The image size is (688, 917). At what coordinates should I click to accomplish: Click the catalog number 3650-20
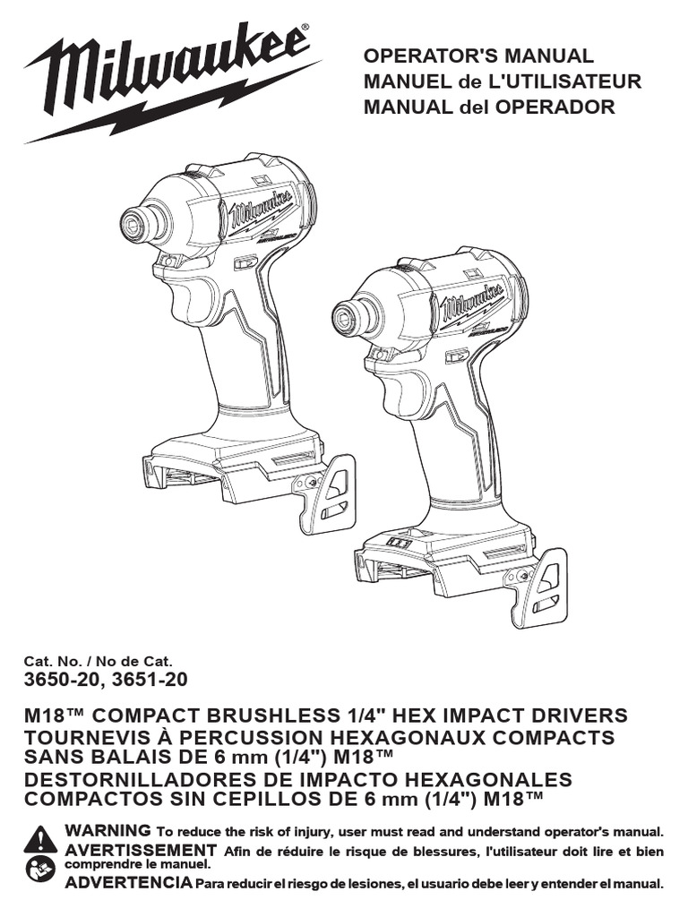point(60,680)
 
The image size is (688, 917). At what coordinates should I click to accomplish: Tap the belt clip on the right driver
point(543,584)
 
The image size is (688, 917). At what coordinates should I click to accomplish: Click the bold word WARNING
point(107,830)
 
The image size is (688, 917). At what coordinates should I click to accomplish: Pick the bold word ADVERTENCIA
point(128,882)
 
